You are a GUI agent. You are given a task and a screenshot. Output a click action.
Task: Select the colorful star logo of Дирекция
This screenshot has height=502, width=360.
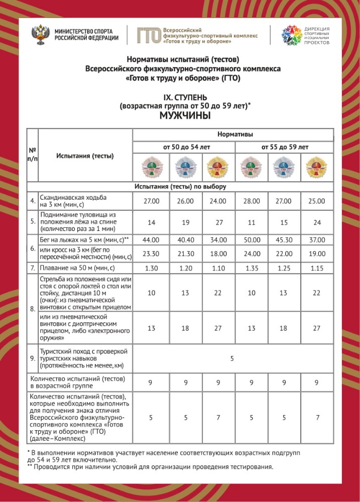coord(291,35)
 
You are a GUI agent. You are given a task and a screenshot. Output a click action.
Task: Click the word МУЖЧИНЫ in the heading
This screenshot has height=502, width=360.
coord(184,115)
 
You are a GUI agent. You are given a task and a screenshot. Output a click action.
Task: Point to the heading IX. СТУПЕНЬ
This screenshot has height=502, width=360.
coord(185,96)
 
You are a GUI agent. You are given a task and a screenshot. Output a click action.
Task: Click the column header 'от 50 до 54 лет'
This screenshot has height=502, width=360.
coord(183,147)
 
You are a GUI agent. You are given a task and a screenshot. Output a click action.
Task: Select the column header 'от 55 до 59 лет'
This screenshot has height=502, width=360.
coord(284,147)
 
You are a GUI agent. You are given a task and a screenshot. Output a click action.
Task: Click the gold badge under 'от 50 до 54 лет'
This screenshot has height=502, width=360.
coord(217,167)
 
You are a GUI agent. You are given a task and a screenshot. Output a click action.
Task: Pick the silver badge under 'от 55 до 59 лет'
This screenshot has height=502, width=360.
coord(284,167)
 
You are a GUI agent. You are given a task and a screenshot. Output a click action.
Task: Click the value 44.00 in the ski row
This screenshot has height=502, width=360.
coord(151,240)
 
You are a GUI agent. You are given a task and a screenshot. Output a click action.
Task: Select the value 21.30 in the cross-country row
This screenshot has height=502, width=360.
coord(184,254)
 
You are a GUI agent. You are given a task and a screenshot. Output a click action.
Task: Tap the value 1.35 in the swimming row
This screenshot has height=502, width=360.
coord(251,269)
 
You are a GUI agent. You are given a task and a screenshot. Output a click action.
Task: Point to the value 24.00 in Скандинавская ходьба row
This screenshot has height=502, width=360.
coord(217,201)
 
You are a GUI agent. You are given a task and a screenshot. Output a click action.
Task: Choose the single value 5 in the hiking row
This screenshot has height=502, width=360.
coord(232,358)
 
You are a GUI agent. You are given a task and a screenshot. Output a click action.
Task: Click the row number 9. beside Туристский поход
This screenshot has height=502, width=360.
coord(32,358)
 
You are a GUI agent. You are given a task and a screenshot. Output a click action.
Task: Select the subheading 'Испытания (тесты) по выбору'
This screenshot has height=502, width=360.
coord(180,187)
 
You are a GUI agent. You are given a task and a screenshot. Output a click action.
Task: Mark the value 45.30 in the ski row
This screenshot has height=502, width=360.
coord(284,240)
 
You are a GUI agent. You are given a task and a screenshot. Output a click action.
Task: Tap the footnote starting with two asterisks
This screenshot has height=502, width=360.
coord(151,467)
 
